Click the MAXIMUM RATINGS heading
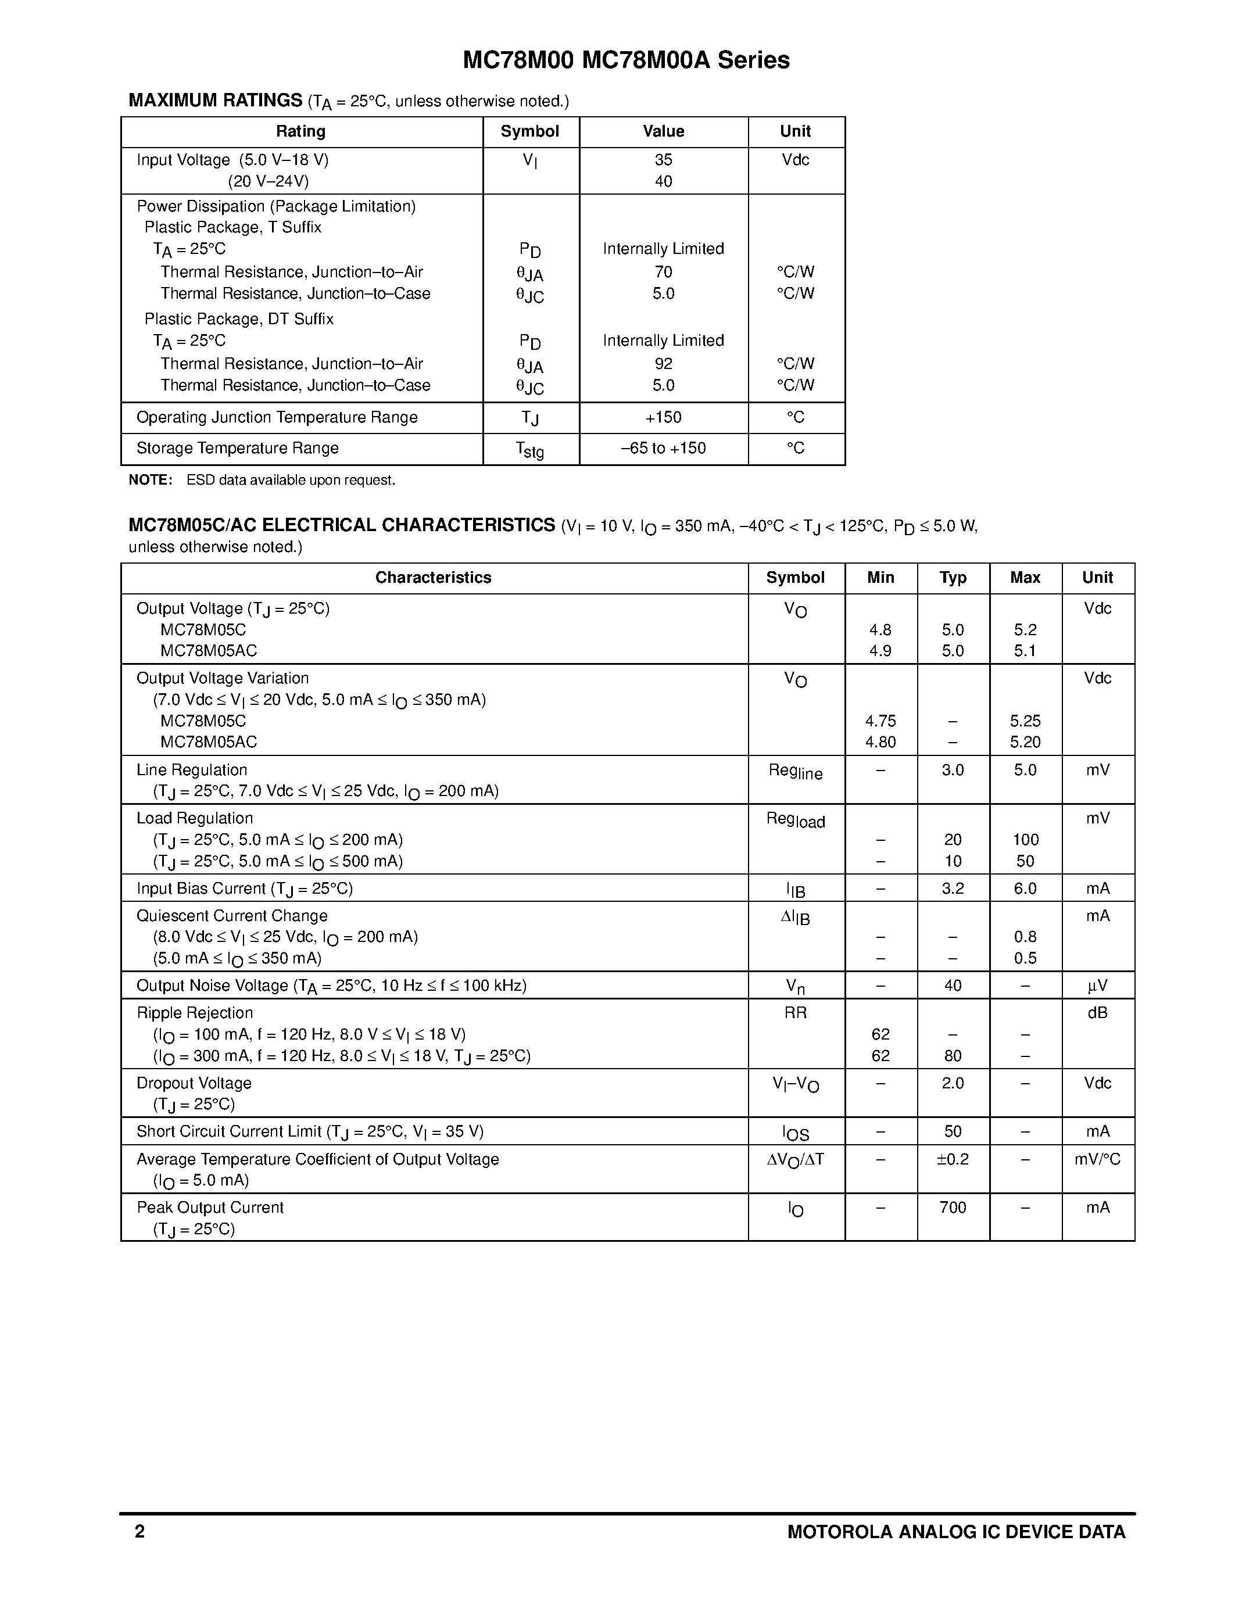[215, 101]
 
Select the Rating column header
[300, 132]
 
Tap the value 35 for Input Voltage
[663, 159]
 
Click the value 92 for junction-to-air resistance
[663, 364]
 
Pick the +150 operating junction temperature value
[663, 417]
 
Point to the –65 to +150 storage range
[663, 448]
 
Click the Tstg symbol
[529, 449]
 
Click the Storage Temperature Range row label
[237, 448]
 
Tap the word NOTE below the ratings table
[150, 480]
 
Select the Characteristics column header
[433, 577]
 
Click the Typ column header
[953, 577]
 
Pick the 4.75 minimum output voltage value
[880, 721]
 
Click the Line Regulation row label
[192, 770]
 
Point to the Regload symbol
[795, 819]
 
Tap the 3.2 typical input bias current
[953, 888]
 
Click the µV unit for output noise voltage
[1097, 986]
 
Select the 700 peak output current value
[953, 1208]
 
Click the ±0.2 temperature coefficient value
[953, 1159]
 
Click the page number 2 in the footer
[139, 1552]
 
